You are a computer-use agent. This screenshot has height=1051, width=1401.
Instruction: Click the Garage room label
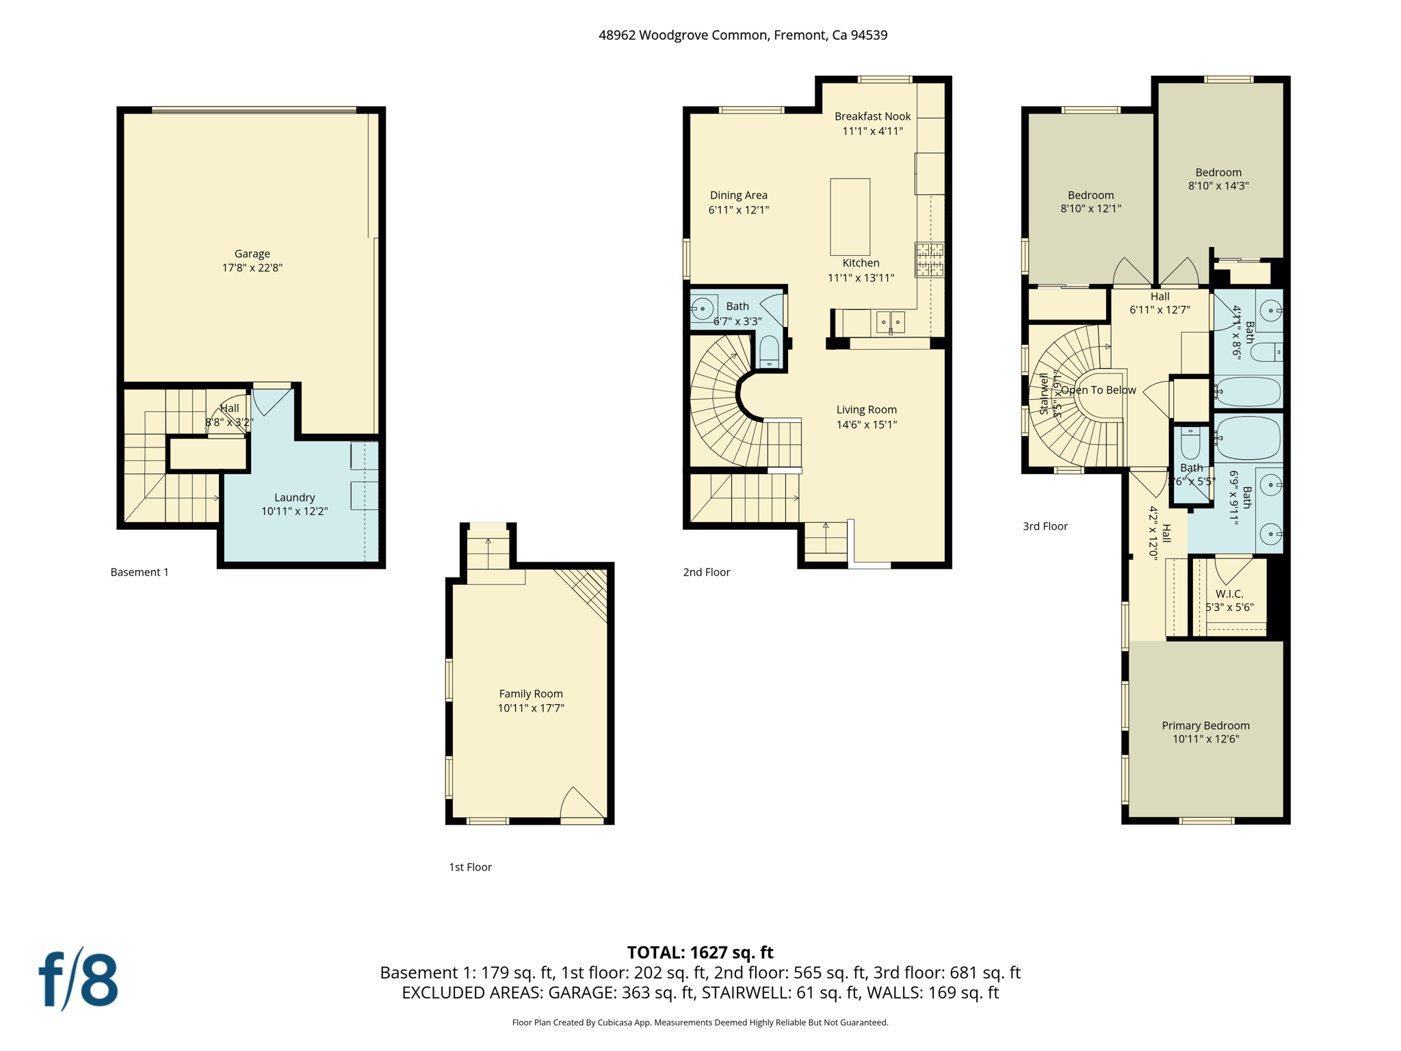pyautogui.click(x=252, y=254)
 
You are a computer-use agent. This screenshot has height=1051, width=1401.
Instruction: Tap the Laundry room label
pyautogui.click(x=294, y=497)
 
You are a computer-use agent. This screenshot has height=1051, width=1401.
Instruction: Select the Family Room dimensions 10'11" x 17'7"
pyautogui.click(x=530, y=708)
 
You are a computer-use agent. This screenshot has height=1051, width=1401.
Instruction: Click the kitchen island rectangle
pyautogui.click(x=850, y=217)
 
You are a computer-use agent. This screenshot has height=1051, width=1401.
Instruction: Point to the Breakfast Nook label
pyautogui.click(x=872, y=116)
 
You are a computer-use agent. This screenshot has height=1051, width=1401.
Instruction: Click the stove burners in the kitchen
pyautogui.click(x=929, y=260)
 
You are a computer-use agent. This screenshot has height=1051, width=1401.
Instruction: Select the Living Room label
pyautogui.click(x=866, y=410)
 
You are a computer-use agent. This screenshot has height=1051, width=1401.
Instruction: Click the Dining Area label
pyautogui.click(x=738, y=196)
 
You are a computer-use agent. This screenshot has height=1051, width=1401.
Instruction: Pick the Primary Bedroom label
pyautogui.click(x=1205, y=725)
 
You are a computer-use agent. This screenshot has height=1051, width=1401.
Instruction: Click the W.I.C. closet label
pyautogui.click(x=1229, y=594)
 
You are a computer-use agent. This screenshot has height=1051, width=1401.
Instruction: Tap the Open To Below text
pyautogui.click(x=1099, y=390)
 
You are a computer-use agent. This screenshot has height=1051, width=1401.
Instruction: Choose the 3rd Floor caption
pyautogui.click(x=1045, y=526)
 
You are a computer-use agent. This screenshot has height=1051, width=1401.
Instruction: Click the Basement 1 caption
pyautogui.click(x=140, y=572)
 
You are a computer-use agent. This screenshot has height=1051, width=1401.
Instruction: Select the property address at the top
pyautogui.click(x=743, y=35)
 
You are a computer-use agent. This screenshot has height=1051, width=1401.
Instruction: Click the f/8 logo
pyautogui.click(x=79, y=980)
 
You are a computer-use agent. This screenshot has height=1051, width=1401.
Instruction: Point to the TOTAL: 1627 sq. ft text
pyautogui.click(x=700, y=952)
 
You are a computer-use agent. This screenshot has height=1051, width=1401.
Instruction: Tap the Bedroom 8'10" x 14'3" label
pyautogui.click(x=1218, y=172)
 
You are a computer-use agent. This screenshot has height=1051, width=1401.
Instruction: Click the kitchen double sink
pyautogui.click(x=891, y=322)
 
